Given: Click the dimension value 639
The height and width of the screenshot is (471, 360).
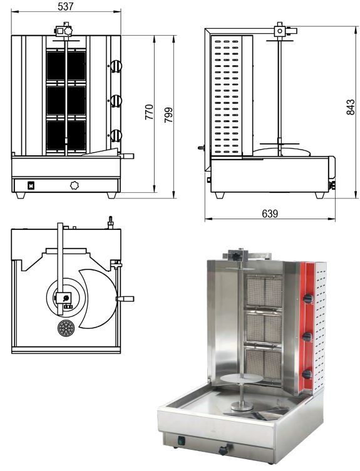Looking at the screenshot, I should click(270, 214).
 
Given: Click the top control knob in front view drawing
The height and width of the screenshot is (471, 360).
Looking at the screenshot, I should click(116, 67).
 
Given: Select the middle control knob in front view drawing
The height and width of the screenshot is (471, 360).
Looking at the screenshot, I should click(116, 100).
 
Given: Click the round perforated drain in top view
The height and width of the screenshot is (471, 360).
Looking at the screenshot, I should click(64, 328).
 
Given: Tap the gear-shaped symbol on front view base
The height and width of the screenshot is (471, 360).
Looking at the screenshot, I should click(75, 185).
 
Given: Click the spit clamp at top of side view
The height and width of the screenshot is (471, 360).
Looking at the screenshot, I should click(279, 30).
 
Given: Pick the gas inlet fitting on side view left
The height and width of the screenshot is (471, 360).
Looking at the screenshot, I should click(202, 148).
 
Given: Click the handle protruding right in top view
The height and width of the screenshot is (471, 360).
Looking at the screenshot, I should click(127, 299).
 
